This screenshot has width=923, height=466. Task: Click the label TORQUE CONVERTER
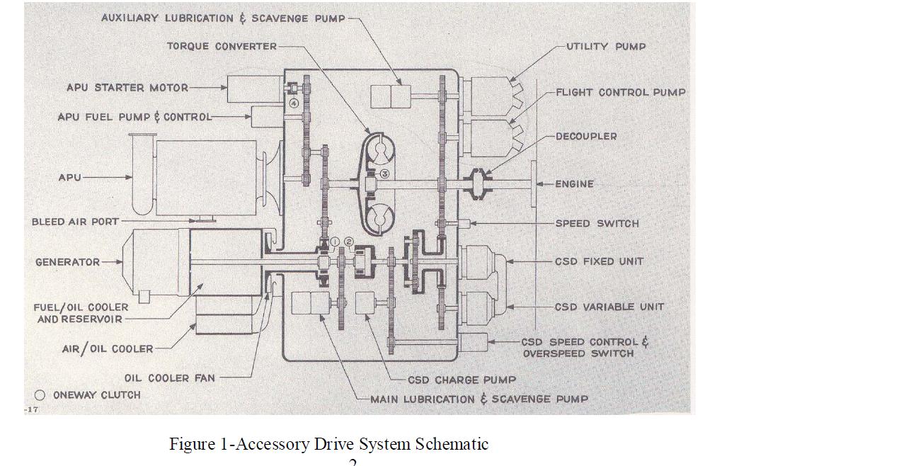222,46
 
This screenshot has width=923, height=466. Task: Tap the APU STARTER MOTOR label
127,88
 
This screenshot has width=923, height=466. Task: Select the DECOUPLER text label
586,136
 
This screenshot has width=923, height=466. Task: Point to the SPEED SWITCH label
597,223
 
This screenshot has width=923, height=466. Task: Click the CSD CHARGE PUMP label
461,380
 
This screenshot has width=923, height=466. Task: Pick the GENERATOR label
68,262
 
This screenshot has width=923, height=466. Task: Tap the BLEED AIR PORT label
76,222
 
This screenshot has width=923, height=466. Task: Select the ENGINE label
574,183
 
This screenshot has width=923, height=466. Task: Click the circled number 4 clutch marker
293,103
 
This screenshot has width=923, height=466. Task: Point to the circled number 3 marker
384,174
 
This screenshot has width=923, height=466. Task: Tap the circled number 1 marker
336,241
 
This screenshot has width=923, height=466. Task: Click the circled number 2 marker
348,241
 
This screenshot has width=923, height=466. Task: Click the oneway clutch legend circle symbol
40,395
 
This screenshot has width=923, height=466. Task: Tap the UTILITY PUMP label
606,46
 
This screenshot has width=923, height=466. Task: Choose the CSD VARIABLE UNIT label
609,307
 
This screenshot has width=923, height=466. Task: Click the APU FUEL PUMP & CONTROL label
134,117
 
